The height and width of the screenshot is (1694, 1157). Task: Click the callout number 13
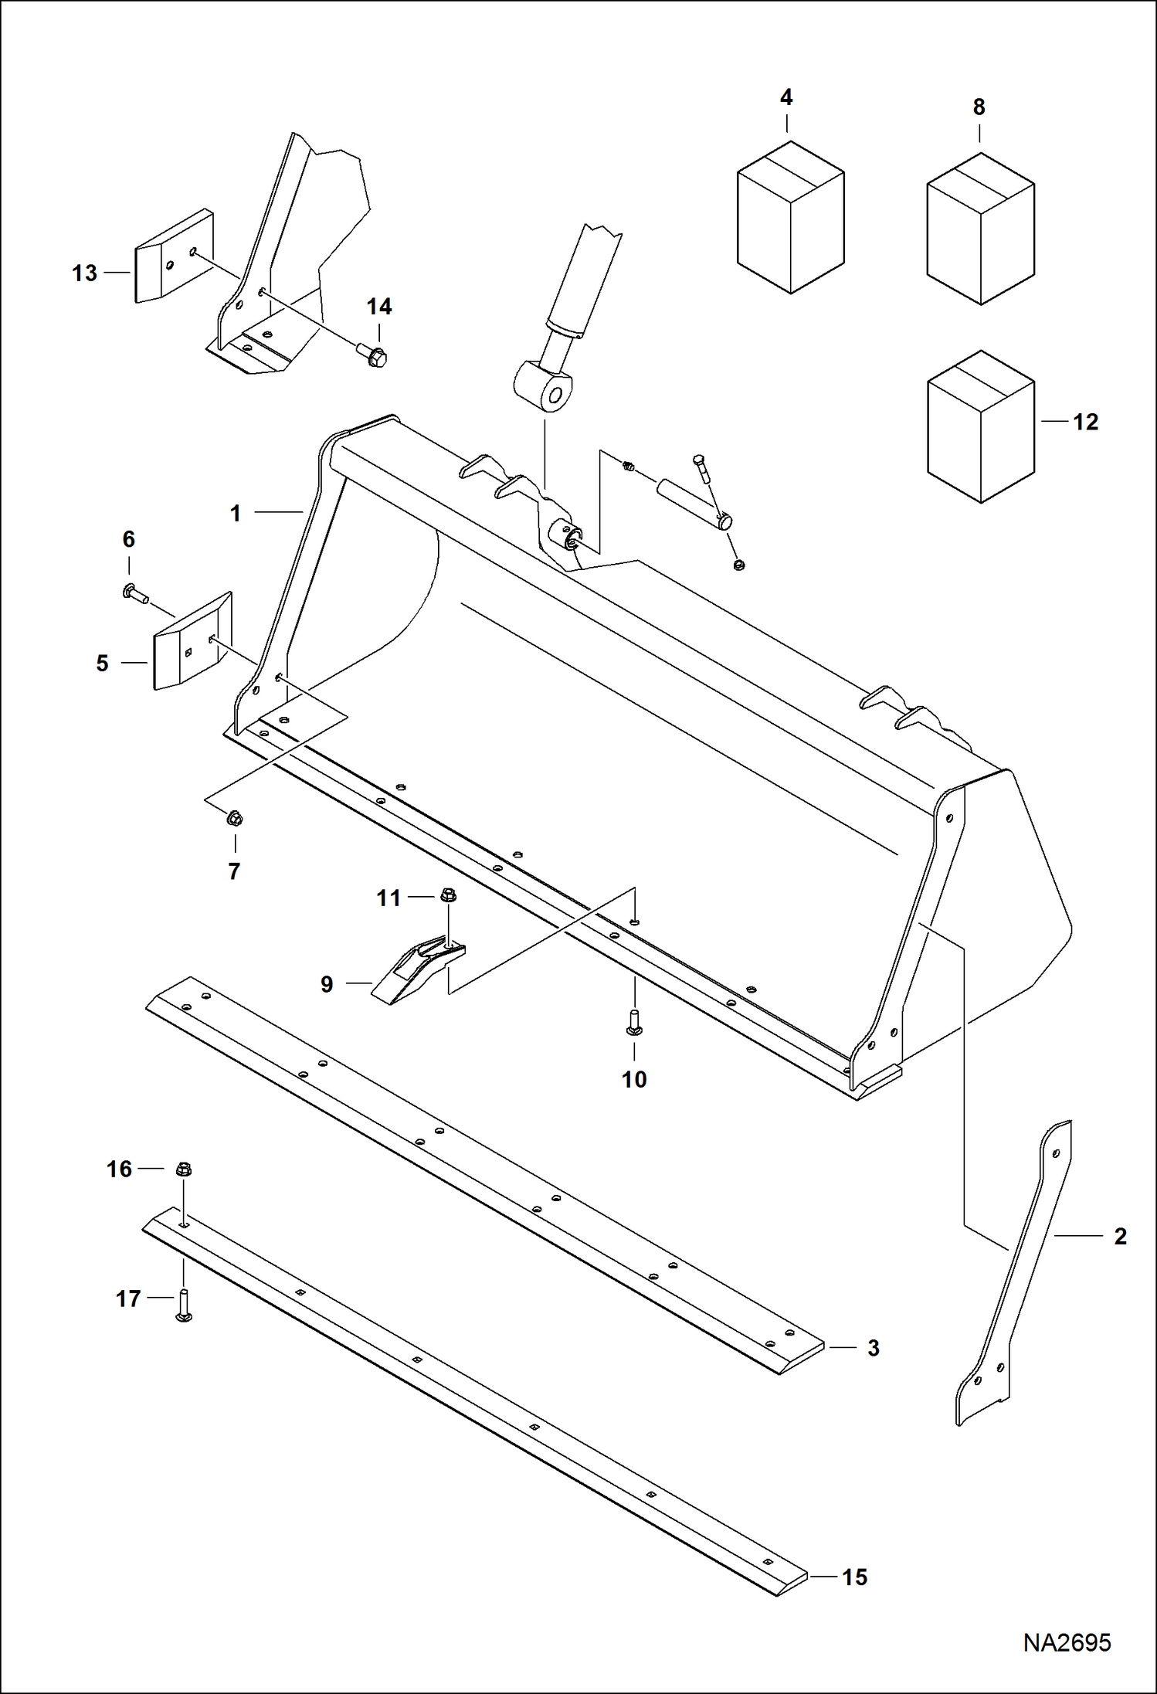(84, 273)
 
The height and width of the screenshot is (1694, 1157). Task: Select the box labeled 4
(790, 217)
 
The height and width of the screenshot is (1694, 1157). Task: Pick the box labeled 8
(979, 228)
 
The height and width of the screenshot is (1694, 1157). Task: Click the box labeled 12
(979, 426)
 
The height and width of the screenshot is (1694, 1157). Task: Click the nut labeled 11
(448, 896)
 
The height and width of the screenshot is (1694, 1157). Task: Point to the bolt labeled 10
(635, 1023)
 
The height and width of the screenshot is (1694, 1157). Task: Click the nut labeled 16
(183, 1170)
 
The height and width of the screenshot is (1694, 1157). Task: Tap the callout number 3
(873, 1348)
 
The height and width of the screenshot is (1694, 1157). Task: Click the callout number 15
(854, 1577)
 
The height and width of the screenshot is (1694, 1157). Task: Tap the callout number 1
(236, 514)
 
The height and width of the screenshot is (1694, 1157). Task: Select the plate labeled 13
(174, 256)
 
